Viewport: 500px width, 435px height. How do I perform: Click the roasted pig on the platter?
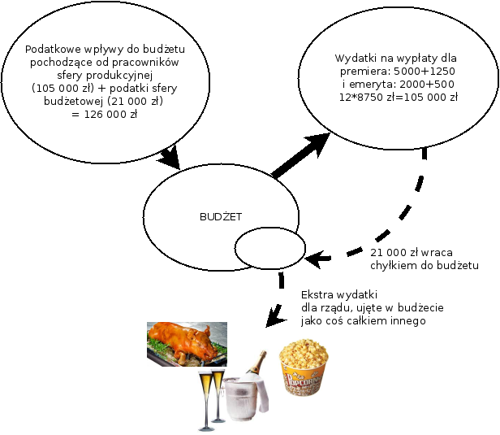point(185,341)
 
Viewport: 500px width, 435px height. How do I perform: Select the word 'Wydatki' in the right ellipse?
point(353,59)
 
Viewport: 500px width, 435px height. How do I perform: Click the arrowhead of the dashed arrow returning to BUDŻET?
point(314,261)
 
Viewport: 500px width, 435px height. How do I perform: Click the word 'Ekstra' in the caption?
point(317,294)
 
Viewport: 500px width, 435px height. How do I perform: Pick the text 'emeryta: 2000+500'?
point(397,84)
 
